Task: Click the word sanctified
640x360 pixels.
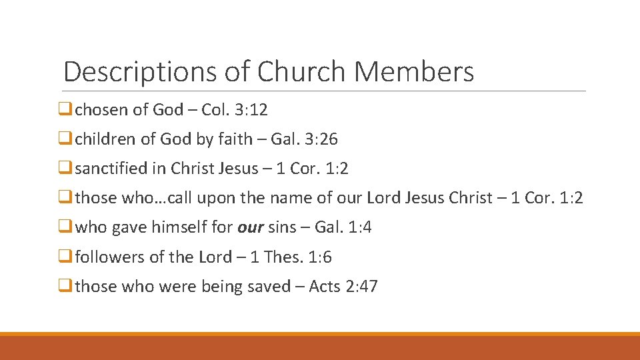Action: point(111,169)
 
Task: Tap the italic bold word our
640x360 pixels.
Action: point(251,228)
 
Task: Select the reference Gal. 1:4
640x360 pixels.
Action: point(343,227)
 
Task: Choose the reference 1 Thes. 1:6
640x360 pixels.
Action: point(290,257)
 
